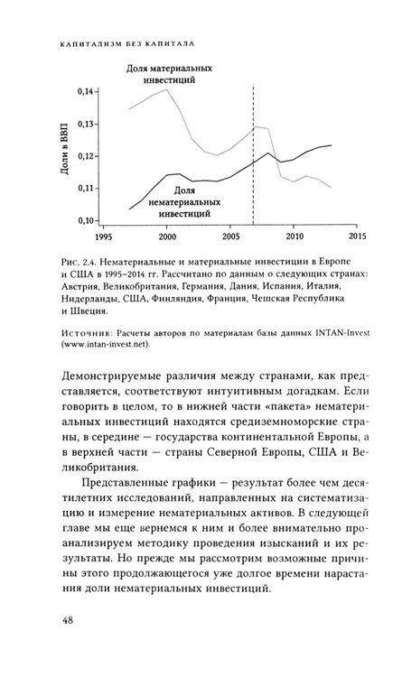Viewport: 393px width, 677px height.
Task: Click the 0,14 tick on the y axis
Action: pyautogui.click(x=85, y=91)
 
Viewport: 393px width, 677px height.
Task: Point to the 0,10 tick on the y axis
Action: pyautogui.click(x=85, y=220)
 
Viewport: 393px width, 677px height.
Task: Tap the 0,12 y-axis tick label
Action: pyautogui.click(x=85, y=156)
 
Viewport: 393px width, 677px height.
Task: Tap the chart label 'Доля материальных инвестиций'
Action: pyautogui.click(x=169, y=73)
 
